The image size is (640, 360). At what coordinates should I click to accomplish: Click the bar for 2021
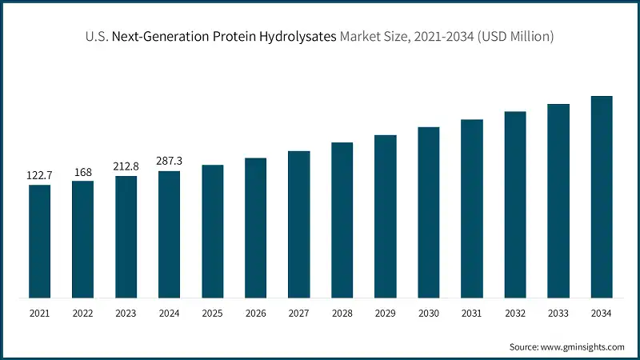(40, 242)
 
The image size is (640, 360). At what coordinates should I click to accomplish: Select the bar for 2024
(169, 234)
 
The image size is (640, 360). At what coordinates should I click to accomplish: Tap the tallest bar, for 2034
(601, 197)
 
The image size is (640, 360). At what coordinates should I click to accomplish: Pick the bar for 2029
(385, 217)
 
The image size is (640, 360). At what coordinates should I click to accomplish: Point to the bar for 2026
(255, 228)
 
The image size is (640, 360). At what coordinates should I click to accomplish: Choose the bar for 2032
(514, 205)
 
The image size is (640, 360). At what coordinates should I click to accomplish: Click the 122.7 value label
(40, 175)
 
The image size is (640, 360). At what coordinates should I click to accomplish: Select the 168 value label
(83, 171)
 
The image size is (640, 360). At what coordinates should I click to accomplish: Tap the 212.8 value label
(126, 166)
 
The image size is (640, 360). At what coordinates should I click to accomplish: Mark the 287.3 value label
(169, 162)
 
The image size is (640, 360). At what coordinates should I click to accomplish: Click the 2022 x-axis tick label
(83, 313)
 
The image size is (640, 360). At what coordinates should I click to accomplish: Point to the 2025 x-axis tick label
(212, 313)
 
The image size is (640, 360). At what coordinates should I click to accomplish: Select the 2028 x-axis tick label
(342, 313)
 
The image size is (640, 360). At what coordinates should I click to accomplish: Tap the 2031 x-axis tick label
(471, 313)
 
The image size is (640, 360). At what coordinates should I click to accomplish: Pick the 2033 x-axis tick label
(558, 313)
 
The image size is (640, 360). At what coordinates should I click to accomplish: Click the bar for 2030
(428, 213)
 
